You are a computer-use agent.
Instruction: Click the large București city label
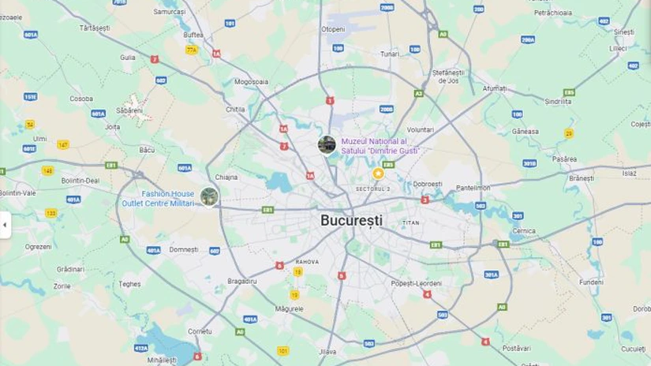[x=351, y=220]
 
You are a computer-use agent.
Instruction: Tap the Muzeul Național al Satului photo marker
[x=327, y=145]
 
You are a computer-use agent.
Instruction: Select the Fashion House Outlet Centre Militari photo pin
[x=209, y=196]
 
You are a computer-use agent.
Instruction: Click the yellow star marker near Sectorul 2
[x=378, y=174]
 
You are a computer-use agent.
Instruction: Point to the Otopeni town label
[x=333, y=29]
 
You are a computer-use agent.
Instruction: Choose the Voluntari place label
[x=420, y=129]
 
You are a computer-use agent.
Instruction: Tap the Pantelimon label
[x=473, y=188]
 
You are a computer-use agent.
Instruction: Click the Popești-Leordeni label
[x=416, y=282]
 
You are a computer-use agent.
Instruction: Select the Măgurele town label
[x=290, y=309]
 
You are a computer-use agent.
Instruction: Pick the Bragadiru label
[x=242, y=281]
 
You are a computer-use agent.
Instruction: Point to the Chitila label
[x=235, y=110]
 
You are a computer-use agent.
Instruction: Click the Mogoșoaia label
[x=251, y=81]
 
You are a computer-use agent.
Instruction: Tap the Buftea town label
[x=193, y=35]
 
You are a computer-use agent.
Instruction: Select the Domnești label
[x=184, y=249]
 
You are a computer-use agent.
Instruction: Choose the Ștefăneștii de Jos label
[x=448, y=77]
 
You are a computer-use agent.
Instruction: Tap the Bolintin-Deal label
[x=80, y=180]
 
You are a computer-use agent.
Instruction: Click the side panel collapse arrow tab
[x=5, y=225]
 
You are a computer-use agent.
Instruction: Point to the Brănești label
[x=581, y=178]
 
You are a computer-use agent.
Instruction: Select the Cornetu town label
[x=200, y=332]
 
